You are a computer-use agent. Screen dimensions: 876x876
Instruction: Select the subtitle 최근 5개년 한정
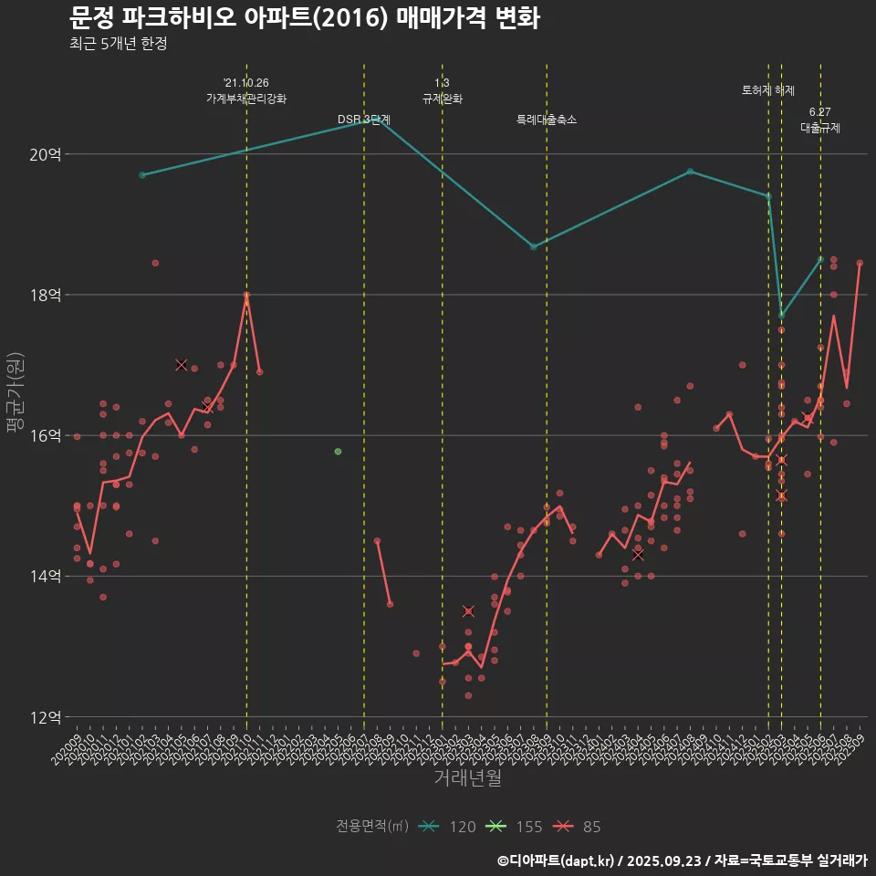pos(118,44)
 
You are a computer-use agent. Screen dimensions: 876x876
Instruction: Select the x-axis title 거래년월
pos(466,777)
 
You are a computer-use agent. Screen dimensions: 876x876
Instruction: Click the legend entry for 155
pos(516,827)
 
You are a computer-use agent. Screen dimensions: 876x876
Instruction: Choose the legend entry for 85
pos(579,827)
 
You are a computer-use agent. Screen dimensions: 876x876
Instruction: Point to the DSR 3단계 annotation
pos(364,120)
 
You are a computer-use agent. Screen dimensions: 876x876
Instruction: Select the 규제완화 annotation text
pos(443,99)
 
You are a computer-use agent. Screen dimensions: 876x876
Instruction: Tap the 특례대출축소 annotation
pos(547,120)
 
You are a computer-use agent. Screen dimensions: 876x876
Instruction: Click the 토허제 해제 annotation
pos(768,90)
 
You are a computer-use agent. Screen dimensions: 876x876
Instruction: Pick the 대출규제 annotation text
pos(820,128)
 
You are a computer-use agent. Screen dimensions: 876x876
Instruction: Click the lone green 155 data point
pos(338,452)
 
